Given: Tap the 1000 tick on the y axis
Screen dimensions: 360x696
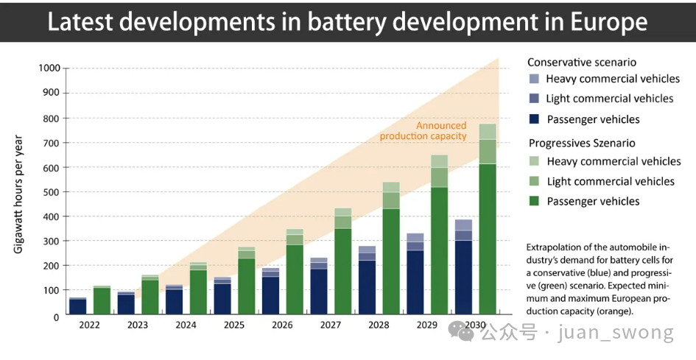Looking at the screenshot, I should pyautogui.click(x=49, y=68).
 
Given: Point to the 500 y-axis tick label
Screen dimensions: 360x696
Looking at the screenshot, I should pyautogui.click(x=52, y=192).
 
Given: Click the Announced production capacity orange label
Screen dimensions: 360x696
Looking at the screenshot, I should pyautogui.click(x=423, y=130).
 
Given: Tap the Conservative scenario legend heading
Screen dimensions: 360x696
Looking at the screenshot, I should pyautogui.click(x=582, y=63).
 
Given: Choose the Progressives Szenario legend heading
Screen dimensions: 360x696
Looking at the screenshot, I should pyautogui.click(x=582, y=143).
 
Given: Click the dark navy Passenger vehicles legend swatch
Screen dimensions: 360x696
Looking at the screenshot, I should pyautogui.click(x=534, y=119).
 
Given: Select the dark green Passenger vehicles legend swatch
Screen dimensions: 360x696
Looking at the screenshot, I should pyautogui.click(x=534, y=201).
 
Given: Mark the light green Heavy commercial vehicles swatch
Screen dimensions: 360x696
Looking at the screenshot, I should pyautogui.click(x=534, y=161).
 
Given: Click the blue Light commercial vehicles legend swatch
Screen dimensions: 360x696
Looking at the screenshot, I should pyautogui.click(x=534, y=99).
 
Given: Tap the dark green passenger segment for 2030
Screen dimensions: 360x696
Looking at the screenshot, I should pyautogui.click(x=488, y=239).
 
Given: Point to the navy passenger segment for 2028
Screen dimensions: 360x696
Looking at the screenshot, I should pyautogui.click(x=367, y=287).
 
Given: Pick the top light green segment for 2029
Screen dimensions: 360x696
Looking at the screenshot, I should pyautogui.click(x=440, y=160).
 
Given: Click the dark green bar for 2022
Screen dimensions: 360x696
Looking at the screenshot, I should pyautogui.click(x=102, y=300).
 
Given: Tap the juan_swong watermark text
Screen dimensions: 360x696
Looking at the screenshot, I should pyautogui.click(x=616, y=333).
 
